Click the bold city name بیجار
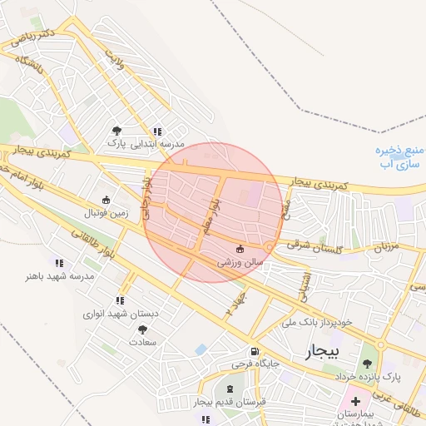323,351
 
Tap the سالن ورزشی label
240,261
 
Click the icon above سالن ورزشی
240,249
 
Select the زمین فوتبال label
106,212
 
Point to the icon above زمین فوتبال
106,200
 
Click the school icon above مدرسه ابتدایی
156,131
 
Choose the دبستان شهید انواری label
121,314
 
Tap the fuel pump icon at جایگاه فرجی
253,350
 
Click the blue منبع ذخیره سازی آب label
397,156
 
